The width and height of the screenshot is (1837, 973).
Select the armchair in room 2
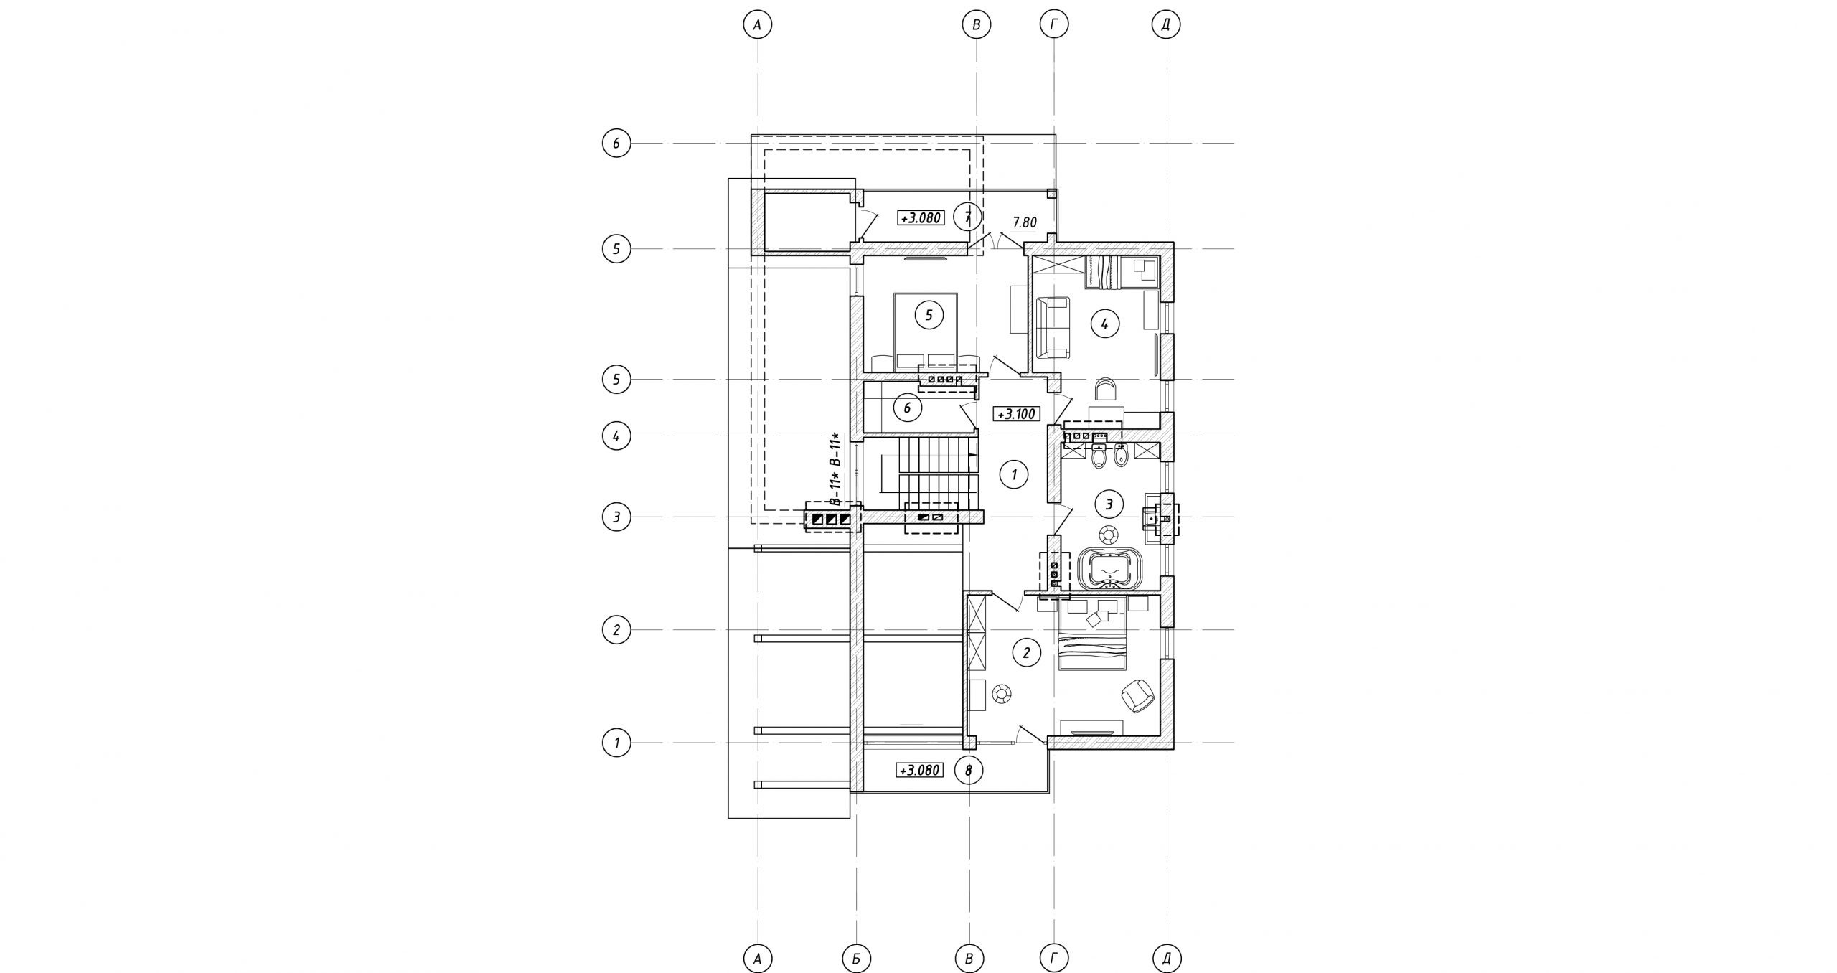[x=1137, y=695]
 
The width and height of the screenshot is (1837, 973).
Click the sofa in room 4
[x=1053, y=328]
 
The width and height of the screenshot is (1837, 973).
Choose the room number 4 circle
[x=1104, y=324]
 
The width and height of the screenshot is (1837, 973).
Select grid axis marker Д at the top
[x=1166, y=25]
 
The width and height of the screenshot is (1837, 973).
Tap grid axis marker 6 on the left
[x=616, y=144]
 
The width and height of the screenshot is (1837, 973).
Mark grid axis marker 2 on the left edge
[x=616, y=631]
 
